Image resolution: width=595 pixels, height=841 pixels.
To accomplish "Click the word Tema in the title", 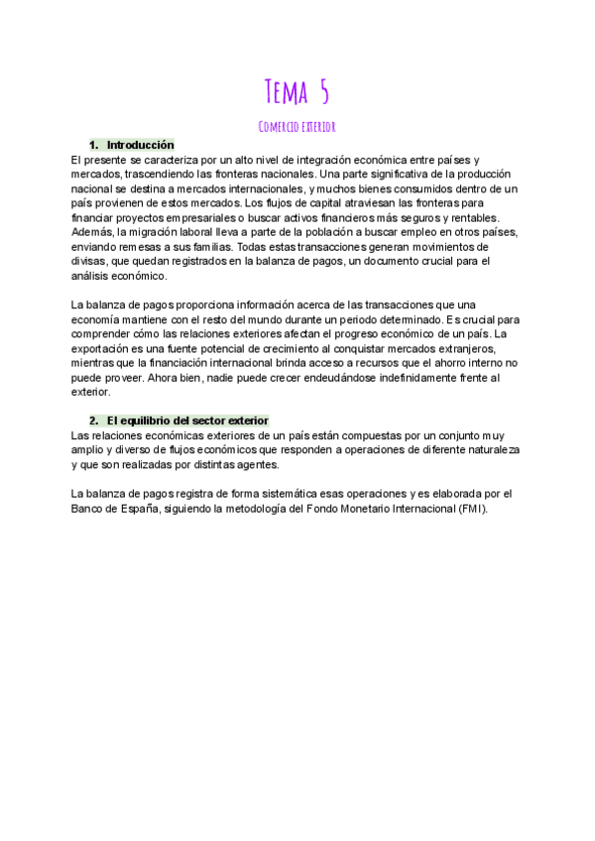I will pos(281,93).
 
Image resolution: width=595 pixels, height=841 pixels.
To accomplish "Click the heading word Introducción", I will pos(140,145).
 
